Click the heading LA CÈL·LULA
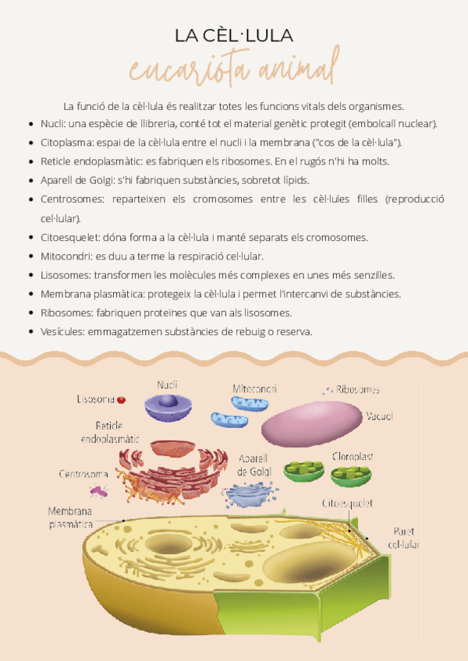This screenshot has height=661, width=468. pos(233,35)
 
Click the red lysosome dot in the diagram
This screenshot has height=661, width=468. pos(122,401)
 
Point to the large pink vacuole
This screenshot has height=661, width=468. pos(311,423)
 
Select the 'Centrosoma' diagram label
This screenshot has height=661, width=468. pos(83,474)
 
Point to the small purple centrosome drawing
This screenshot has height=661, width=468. pos(98,490)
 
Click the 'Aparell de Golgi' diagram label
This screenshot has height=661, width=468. pos(253,465)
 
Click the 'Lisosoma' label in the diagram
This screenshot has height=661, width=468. pos(95,399)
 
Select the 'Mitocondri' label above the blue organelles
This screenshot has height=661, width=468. pos(254,388)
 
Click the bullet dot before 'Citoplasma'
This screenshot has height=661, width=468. pos(30,143)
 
